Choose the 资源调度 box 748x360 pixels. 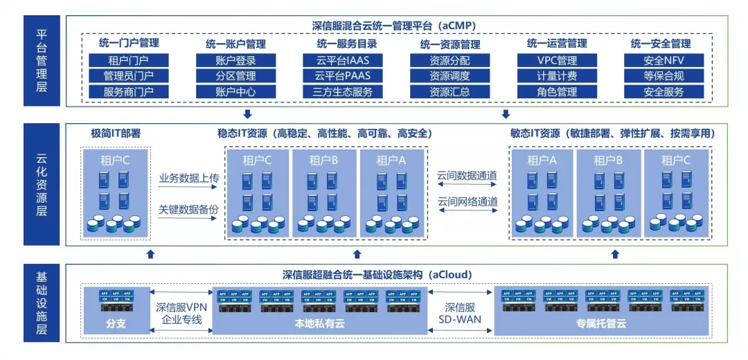point(449,76)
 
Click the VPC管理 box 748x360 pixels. point(557,60)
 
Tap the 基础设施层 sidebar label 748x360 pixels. point(42,303)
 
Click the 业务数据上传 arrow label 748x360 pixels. point(188,179)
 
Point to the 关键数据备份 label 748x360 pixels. point(188,208)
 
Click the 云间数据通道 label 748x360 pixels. point(467,175)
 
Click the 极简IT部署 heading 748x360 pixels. point(116,133)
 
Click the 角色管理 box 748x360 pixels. point(557,92)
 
